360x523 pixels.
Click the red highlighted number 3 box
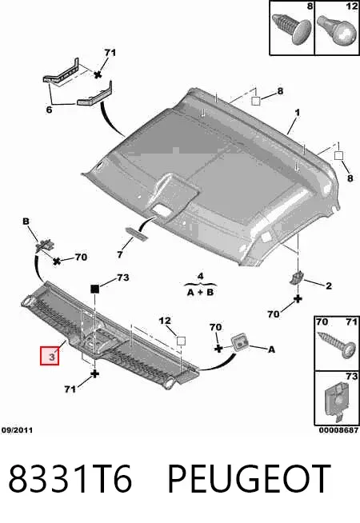[50, 356]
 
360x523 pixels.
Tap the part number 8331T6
[70, 478]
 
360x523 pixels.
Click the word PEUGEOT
[249, 478]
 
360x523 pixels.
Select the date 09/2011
[17, 430]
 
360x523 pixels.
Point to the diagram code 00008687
[338, 430]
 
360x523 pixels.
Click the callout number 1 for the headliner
[297, 113]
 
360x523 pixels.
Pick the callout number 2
[329, 285]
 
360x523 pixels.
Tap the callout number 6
[49, 110]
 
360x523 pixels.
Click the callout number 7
[120, 255]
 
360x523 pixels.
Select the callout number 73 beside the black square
[122, 277]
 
